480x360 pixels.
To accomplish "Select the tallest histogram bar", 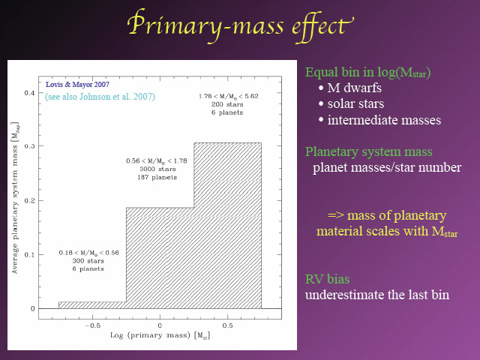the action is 227,226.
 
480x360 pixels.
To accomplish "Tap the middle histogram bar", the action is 160,258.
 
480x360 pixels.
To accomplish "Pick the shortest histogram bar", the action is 92,305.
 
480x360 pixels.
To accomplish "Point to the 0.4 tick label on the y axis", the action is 30,92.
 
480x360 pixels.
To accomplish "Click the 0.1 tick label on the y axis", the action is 30,255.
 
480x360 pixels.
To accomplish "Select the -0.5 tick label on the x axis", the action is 93,325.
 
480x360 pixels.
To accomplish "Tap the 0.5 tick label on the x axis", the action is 227,325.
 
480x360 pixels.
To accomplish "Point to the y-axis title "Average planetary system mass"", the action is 15,198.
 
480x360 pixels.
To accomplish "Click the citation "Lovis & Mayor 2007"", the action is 77,85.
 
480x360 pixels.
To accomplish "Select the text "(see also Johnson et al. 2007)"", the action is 100,97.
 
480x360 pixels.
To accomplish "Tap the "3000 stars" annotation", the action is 157,169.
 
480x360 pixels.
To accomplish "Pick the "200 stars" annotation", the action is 227,104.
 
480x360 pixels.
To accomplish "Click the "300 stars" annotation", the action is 88,261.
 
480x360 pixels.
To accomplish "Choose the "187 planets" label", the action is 157,177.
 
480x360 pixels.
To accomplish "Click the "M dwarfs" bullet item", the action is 350,88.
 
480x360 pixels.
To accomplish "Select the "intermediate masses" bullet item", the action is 380,120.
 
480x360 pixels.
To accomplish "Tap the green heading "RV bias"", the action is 327,279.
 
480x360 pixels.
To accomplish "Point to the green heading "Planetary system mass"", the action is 369,151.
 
